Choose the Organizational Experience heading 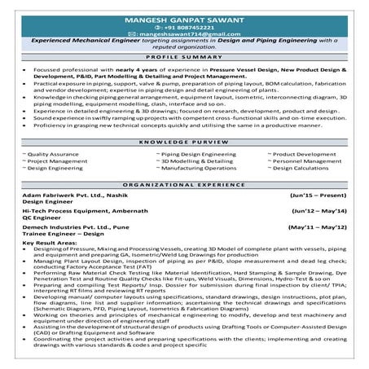coord(185,185)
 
